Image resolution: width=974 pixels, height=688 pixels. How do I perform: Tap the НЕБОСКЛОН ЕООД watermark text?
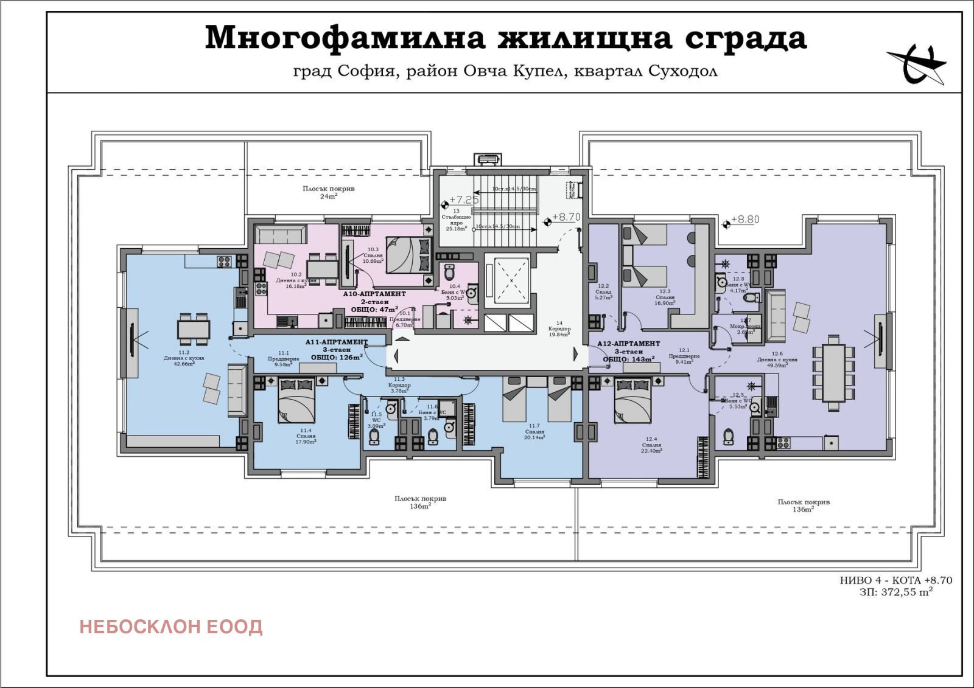tap(171, 627)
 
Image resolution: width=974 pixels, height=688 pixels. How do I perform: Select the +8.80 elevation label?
tap(745, 220)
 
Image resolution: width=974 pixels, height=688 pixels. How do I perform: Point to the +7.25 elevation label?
tap(464, 200)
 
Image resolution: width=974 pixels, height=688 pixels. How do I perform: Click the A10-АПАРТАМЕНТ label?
tap(374, 294)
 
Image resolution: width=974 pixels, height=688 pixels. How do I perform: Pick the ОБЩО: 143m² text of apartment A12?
tap(628, 360)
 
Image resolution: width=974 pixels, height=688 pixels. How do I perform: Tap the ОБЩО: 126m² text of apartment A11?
tap(336, 357)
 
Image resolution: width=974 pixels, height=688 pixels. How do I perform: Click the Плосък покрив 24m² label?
tap(329, 192)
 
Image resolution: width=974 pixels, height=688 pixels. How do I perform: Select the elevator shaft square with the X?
tap(511, 280)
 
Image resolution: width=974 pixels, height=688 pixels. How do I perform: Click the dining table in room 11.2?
tap(194, 328)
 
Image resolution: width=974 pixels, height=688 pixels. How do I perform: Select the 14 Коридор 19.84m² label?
tap(559, 329)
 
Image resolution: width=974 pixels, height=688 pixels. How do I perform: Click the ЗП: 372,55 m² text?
tap(896, 592)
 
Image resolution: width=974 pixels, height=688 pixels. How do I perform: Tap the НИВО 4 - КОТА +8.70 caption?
tap(896, 580)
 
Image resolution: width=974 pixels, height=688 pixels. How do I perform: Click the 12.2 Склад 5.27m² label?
tap(603, 291)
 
